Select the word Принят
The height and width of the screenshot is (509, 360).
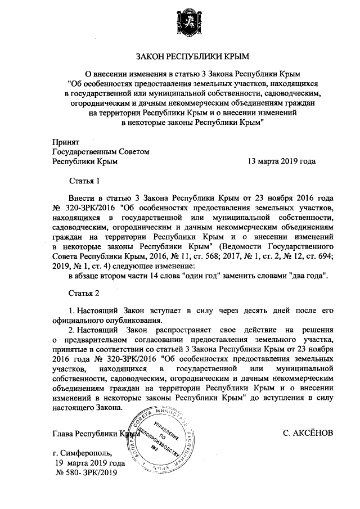[x=66, y=141]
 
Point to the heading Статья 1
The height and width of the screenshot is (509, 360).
[x=84, y=181]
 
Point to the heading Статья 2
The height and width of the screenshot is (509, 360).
[x=84, y=294]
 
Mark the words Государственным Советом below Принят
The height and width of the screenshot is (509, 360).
[x=101, y=151]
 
